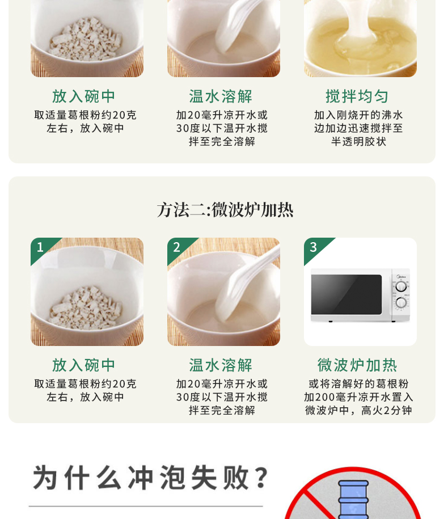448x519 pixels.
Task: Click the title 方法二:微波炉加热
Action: pyautogui.click(x=225, y=210)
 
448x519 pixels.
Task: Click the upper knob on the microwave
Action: pyautogui.click(x=401, y=286)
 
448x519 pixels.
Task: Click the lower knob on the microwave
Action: pyautogui.click(x=401, y=302)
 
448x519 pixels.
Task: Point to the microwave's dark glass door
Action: pyautogui.click(x=346, y=294)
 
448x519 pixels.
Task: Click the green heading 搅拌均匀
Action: pyautogui.click(x=357, y=96)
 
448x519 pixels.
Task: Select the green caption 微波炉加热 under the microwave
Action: pyautogui.click(x=357, y=365)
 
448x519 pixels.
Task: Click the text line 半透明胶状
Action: pyautogui.click(x=358, y=142)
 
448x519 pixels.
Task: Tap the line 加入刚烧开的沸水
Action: pyautogui.click(x=358, y=115)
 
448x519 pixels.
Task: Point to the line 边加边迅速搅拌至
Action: pyautogui.click(x=358, y=128)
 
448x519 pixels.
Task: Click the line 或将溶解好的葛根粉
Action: pyautogui.click(x=358, y=384)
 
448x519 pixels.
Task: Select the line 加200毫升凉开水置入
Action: pyautogui.click(x=358, y=397)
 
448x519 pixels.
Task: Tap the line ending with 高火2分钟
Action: pyautogui.click(x=358, y=411)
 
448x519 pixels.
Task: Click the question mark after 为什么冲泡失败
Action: pyautogui.click(x=263, y=477)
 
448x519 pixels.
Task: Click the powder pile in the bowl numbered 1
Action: pyautogui.click(x=86, y=308)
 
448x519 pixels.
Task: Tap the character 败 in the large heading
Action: pyautogui.click(x=236, y=477)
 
